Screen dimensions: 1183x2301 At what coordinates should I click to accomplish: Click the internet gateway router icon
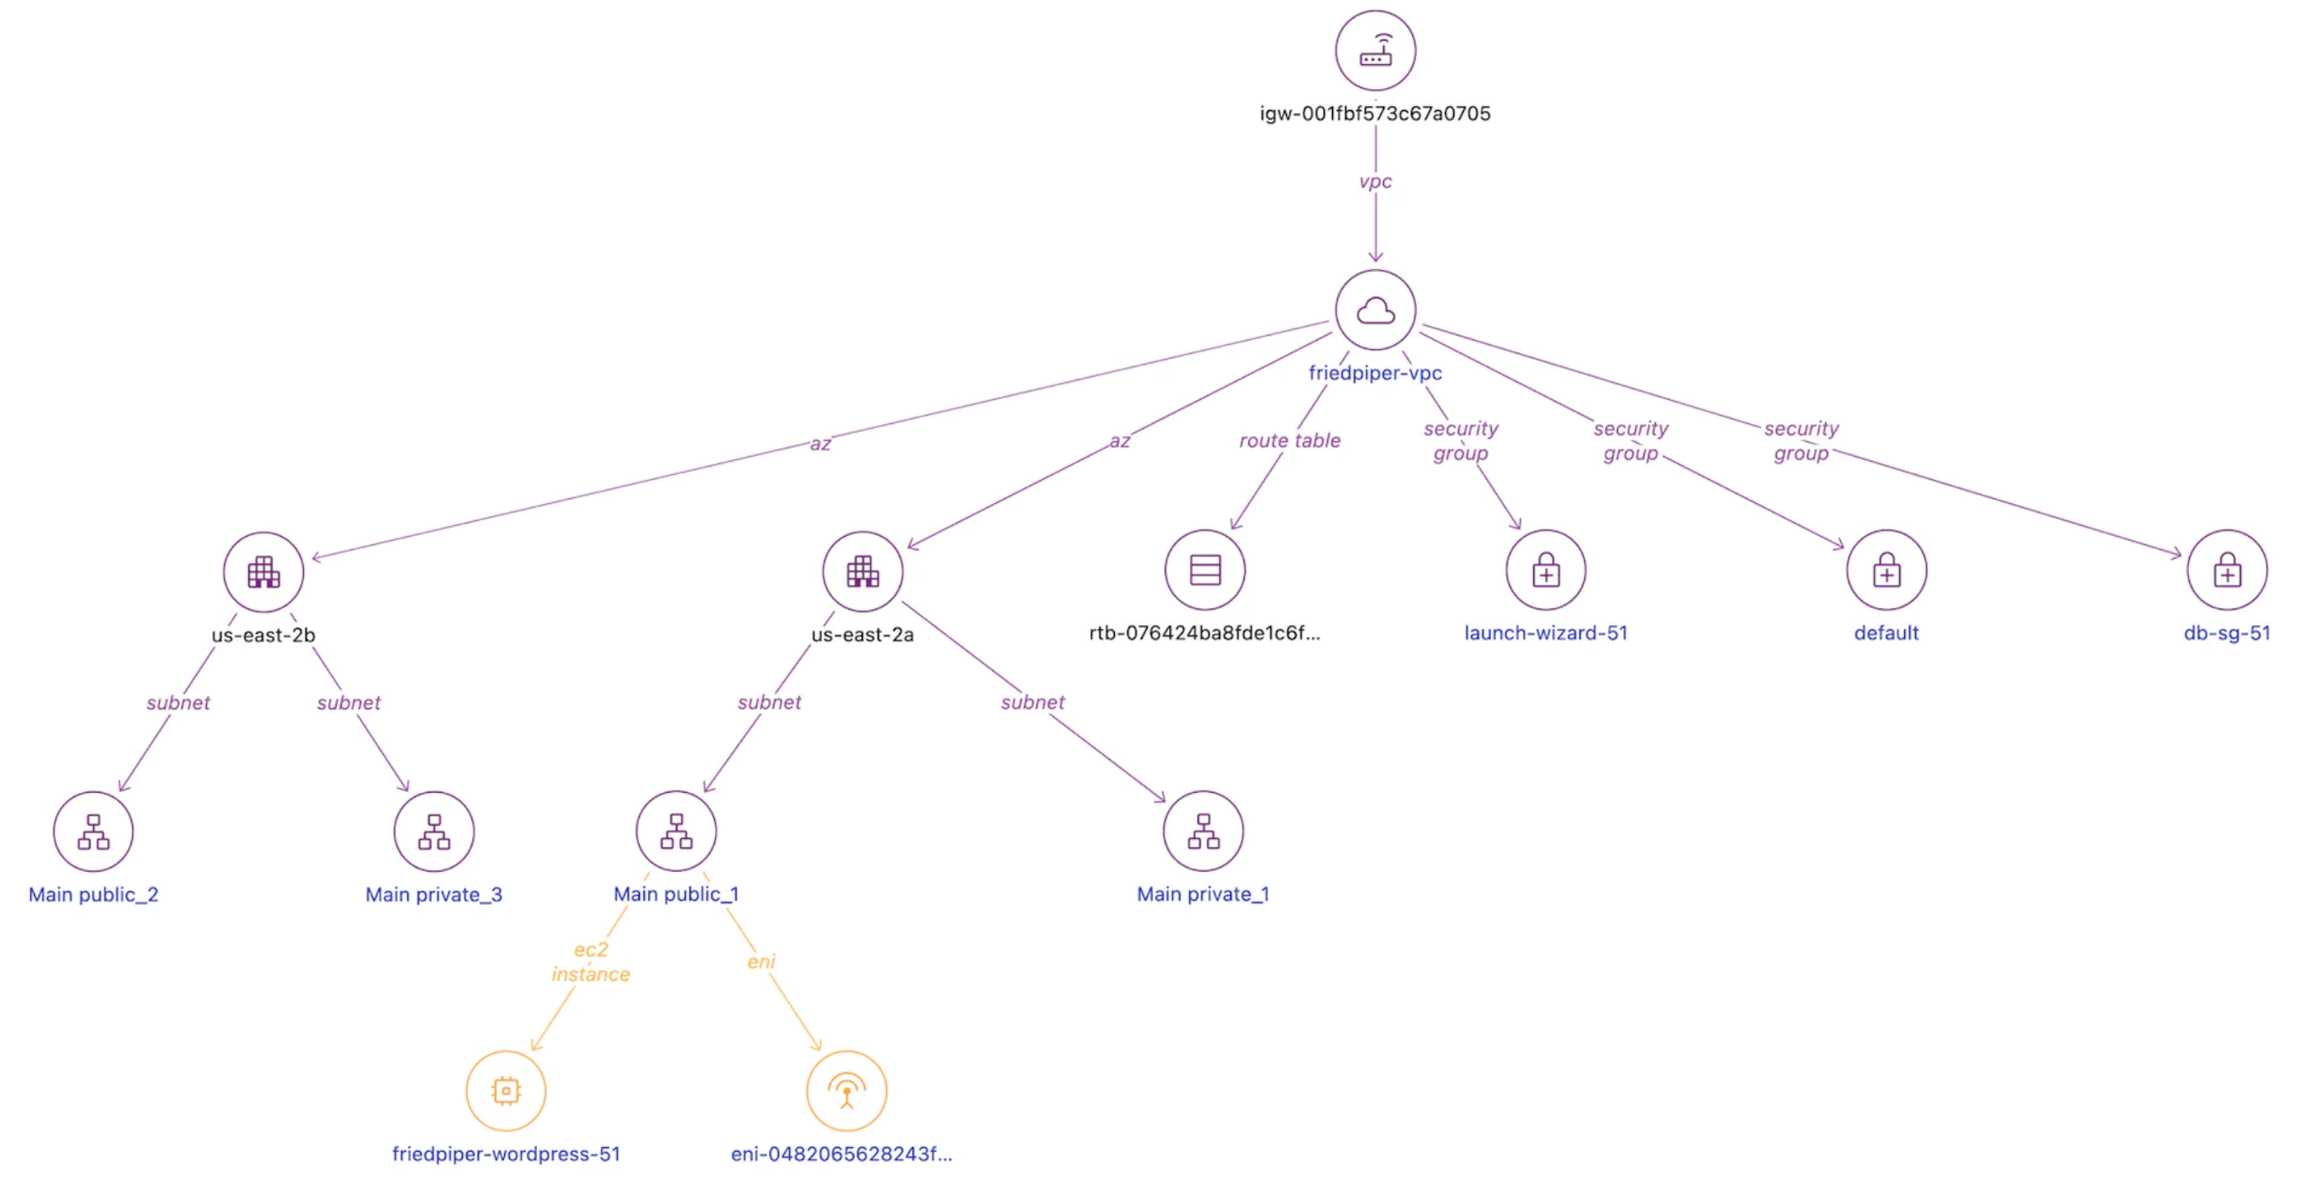click(1374, 51)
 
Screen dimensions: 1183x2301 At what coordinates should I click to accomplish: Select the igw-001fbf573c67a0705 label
click(1374, 114)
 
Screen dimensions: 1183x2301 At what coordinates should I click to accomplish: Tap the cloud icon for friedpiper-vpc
click(1374, 310)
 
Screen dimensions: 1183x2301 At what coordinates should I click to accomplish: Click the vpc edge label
click(1374, 181)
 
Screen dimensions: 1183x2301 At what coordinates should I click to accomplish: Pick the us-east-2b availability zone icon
click(263, 572)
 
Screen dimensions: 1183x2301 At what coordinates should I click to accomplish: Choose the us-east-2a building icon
click(862, 572)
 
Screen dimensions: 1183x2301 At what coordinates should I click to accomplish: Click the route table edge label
click(1289, 440)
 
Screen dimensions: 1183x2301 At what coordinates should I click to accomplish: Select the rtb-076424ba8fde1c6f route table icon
click(1204, 570)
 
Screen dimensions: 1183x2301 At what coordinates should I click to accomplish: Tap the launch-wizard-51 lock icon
click(1546, 570)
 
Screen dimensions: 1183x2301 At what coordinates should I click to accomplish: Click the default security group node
click(1886, 570)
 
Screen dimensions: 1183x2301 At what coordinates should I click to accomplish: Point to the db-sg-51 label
click(2226, 633)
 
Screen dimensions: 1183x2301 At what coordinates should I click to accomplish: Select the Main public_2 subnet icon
click(93, 832)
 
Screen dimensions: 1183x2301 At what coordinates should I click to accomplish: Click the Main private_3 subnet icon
click(434, 832)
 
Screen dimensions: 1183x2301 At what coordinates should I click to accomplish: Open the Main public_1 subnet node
click(675, 831)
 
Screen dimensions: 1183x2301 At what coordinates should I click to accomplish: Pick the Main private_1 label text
click(1202, 894)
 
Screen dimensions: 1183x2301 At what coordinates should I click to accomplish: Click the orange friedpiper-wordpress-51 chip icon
click(506, 1091)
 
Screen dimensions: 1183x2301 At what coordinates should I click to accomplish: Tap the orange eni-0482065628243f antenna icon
click(846, 1091)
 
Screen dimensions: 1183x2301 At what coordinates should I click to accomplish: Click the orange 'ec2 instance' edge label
click(591, 962)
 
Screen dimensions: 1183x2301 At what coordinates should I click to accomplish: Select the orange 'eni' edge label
click(760, 961)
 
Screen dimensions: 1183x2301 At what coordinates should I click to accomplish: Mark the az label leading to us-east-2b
click(820, 444)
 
